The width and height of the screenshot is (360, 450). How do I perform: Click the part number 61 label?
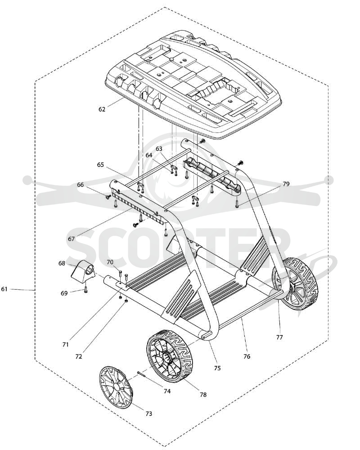(x=4, y=289)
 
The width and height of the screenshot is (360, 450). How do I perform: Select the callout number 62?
(x=102, y=109)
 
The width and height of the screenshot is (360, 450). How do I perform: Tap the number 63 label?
(x=159, y=148)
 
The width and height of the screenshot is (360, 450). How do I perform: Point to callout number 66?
(x=81, y=184)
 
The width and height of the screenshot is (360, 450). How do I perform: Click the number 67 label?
(x=71, y=239)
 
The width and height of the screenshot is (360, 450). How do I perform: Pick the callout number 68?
(x=62, y=263)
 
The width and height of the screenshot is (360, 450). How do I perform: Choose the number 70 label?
(x=110, y=262)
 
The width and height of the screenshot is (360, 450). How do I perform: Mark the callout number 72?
(x=79, y=356)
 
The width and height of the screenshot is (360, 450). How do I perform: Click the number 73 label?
(x=148, y=414)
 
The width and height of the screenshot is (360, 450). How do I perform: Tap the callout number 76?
(x=247, y=356)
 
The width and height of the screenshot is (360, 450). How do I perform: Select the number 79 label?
(x=286, y=184)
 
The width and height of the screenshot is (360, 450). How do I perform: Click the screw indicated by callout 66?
(x=109, y=197)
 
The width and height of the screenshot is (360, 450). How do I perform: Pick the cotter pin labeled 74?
(x=143, y=374)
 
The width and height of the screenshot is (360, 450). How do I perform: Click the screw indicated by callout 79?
(x=237, y=204)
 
